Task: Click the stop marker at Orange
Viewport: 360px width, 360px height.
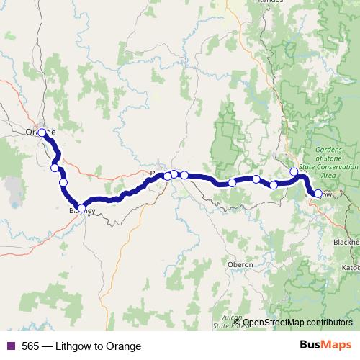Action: point(42,132)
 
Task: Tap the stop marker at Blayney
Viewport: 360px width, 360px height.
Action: point(81,209)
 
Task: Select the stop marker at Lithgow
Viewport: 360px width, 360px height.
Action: point(318,194)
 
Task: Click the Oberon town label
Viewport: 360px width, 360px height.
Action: point(240,265)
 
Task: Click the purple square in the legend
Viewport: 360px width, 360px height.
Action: point(11,346)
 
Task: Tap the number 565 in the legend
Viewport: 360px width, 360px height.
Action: point(31,346)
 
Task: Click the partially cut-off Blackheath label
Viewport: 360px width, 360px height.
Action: point(347,243)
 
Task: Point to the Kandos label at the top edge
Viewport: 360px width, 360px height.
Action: point(270,2)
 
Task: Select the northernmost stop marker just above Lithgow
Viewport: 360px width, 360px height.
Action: point(294,171)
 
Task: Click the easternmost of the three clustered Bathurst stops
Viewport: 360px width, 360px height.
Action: point(184,175)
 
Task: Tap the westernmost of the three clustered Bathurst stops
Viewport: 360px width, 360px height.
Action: point(167,176)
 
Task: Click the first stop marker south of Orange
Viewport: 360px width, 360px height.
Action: point(55,168)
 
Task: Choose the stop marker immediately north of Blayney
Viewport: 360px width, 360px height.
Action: point(63,183)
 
